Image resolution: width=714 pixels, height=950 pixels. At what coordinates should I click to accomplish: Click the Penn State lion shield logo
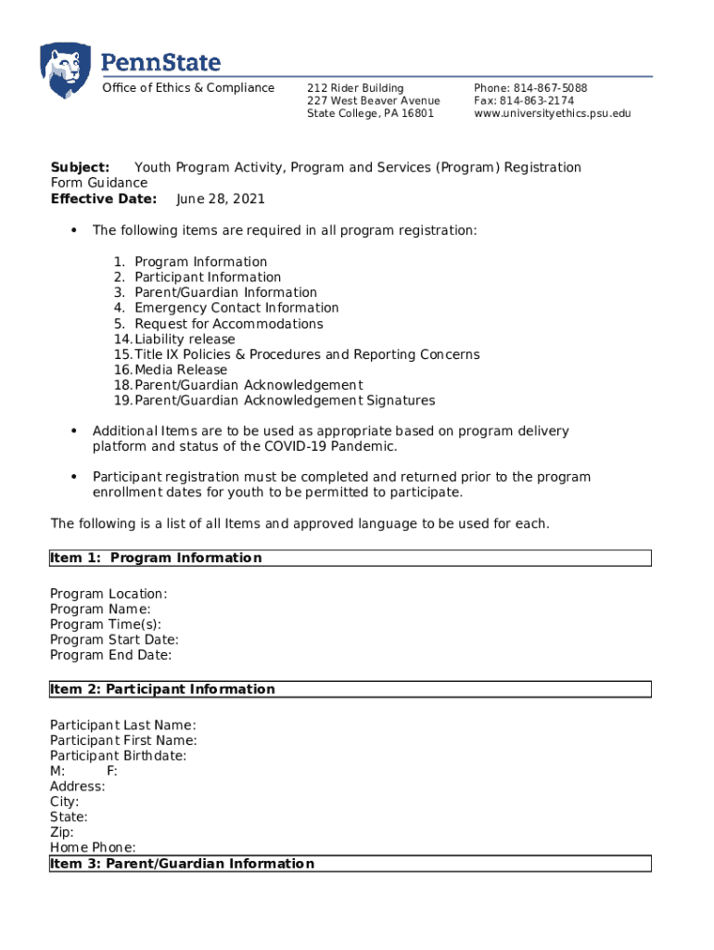pyautogui.click(x=65, y=71)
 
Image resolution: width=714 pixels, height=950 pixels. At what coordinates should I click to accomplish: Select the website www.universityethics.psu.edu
pyautogui.click(x=552, y=114)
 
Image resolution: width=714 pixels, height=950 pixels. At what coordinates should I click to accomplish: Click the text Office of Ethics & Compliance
pyautogui.click(x=188, y=88)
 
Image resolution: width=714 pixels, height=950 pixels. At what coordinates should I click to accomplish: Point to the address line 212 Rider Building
pyautogui.click(x=355, y=88)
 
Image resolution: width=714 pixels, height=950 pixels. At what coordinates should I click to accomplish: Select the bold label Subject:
pyautogui.click(x=80, y=168)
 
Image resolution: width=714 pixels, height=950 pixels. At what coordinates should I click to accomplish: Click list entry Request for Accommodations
pyautogui.click(x=229, y=324)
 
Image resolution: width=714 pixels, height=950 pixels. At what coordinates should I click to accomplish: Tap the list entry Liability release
pyautogui.click(x=185, y=340)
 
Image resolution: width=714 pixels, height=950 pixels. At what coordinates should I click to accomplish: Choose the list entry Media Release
pyautogui.click(x=181, y=370)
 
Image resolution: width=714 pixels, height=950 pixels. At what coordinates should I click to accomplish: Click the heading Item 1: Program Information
pyautogui.click(x=156, y=558)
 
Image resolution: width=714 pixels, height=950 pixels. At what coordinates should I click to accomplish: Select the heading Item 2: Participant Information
pyautogui.click(x=162, y=689)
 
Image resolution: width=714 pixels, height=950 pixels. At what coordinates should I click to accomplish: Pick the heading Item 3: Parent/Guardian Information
pyautogui.click(x=182, y=864)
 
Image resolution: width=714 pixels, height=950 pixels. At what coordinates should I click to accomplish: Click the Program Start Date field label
pyautogui.click(x=114, y=640)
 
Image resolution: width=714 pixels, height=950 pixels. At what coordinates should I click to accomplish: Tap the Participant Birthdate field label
pyautogui.click(x=118, y=756)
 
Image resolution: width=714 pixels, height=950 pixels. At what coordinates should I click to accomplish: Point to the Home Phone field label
pyautogui.click(x=93, y=847)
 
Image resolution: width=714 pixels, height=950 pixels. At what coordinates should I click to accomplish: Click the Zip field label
pyautogui.click(x=62, y=832)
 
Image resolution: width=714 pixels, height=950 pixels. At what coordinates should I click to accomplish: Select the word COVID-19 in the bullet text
pyautogui.click(x=301, y=447)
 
